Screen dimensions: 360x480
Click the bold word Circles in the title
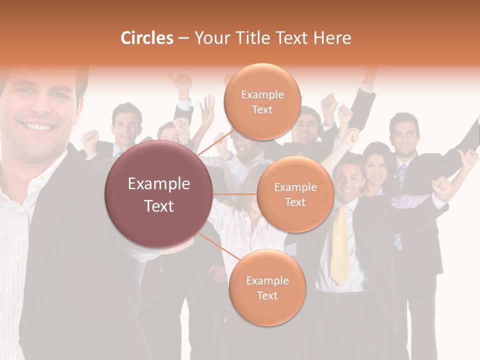coord(147,38)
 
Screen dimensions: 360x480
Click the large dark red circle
coord(158,194)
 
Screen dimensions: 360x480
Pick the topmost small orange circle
coord(262,101)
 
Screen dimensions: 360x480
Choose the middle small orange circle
coord(295,194)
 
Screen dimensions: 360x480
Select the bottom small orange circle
coord(267,287)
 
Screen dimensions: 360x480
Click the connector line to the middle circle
coord(234,193)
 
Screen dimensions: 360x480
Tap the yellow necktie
coord(340,245)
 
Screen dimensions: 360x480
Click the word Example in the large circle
coord(158,184)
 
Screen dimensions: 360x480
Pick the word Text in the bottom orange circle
coord(267,295)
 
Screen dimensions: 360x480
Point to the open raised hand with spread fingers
coord(206,108)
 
